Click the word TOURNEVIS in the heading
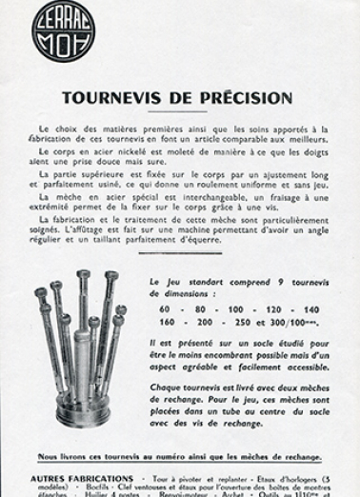click(x=111, y=98)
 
